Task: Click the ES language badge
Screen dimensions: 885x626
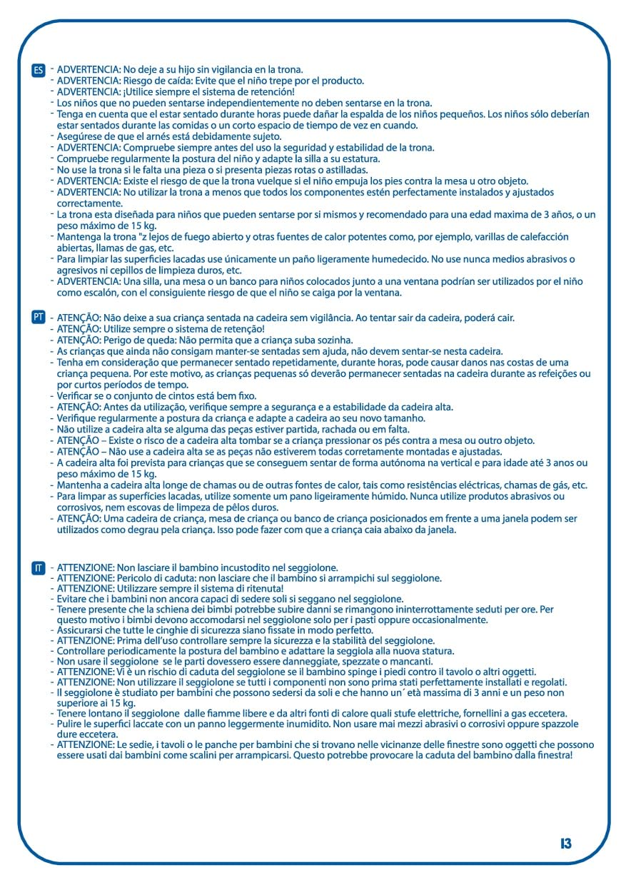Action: (39, 70)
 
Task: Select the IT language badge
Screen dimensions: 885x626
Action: (39, 568)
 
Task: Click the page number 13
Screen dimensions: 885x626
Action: (566, 844)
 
